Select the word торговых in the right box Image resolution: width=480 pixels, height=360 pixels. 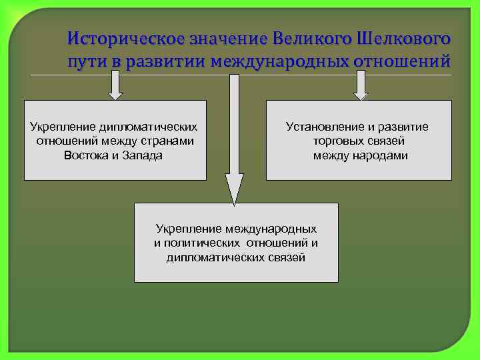point(338,141)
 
